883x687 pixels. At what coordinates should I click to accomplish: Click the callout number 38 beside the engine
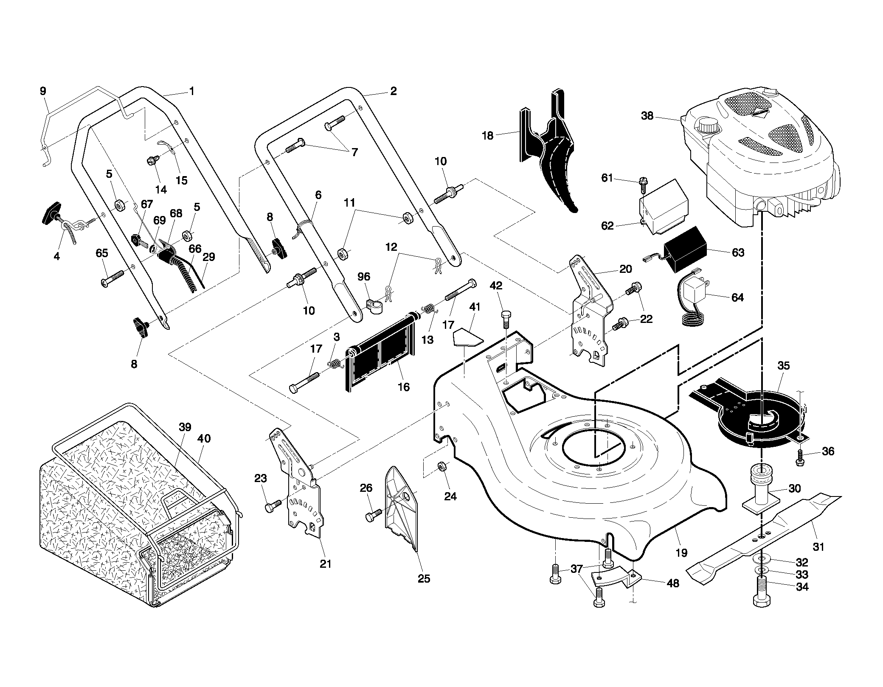pyautogui.click(x=647, y=115)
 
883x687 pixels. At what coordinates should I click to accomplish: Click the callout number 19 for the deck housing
pyautogui.click(x=681, y=552)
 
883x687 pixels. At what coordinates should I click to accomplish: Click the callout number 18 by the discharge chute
pyautogui.click(x=488, y=135)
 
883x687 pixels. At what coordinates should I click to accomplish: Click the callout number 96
pyautogui.click(x=364, y=277)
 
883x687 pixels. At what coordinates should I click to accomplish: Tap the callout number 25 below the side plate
pyautogui.click(x=424, y=578)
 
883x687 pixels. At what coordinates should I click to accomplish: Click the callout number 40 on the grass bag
pyautogui.click(x=204, y=438)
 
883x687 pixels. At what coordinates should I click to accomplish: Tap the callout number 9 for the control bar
pyautogui.click(x=43, y=91)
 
